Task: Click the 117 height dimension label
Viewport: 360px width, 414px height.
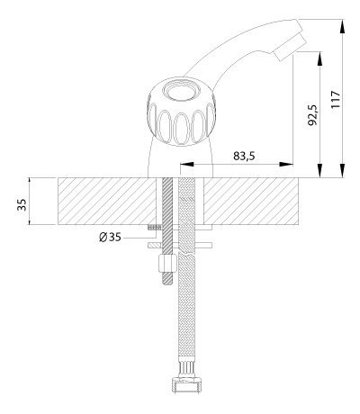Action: coord(336,98)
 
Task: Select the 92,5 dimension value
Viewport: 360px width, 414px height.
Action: coord(314,115)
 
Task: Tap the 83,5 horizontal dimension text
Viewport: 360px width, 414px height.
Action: coord(244,156)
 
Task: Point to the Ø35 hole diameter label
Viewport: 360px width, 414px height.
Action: coord(110,238)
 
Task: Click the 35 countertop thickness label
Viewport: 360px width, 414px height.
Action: coord(22,204)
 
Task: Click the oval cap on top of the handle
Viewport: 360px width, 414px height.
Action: coord(181,90)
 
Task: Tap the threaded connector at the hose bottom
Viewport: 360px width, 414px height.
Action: coord(186,384)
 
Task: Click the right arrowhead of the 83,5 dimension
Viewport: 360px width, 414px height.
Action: coord(286,164)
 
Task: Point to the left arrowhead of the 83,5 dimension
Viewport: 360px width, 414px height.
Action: coord(186,164)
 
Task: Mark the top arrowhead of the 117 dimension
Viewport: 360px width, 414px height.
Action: coord(342,26)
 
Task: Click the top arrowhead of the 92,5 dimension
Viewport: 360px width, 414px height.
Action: coord(320,58)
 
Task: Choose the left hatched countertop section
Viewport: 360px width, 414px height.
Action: coord(107,201)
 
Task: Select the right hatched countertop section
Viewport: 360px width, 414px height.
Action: coord(251,201)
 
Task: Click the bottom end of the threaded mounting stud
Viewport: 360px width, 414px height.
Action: coord(167,283)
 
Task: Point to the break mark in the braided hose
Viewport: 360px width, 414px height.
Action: coord(186,254)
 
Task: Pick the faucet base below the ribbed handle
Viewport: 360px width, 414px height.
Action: coord(181,159)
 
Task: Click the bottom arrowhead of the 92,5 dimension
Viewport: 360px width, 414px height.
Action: coord(320,171)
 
